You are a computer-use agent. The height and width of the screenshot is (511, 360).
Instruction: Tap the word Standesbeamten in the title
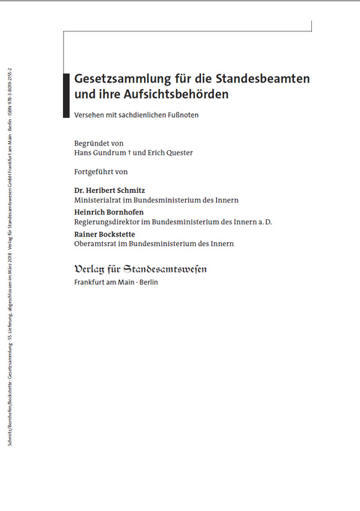tap(268, 79)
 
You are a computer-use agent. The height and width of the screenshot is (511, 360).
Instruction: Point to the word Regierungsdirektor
tap(105, 223)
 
